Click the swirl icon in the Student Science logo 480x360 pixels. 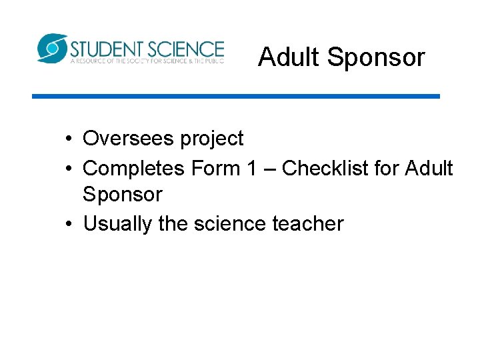tap(52, 48)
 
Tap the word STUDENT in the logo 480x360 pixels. tap(107, 49)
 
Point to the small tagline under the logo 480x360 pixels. tap(147, 61)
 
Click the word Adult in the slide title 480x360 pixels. tap(289, 57)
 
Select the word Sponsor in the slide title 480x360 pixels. tap(376, 58)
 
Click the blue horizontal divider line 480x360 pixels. tap(236, 96)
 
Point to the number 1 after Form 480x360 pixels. tap(251, 168)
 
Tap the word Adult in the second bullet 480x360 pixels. tap(429, 168)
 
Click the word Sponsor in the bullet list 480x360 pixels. tap(123, 195)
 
